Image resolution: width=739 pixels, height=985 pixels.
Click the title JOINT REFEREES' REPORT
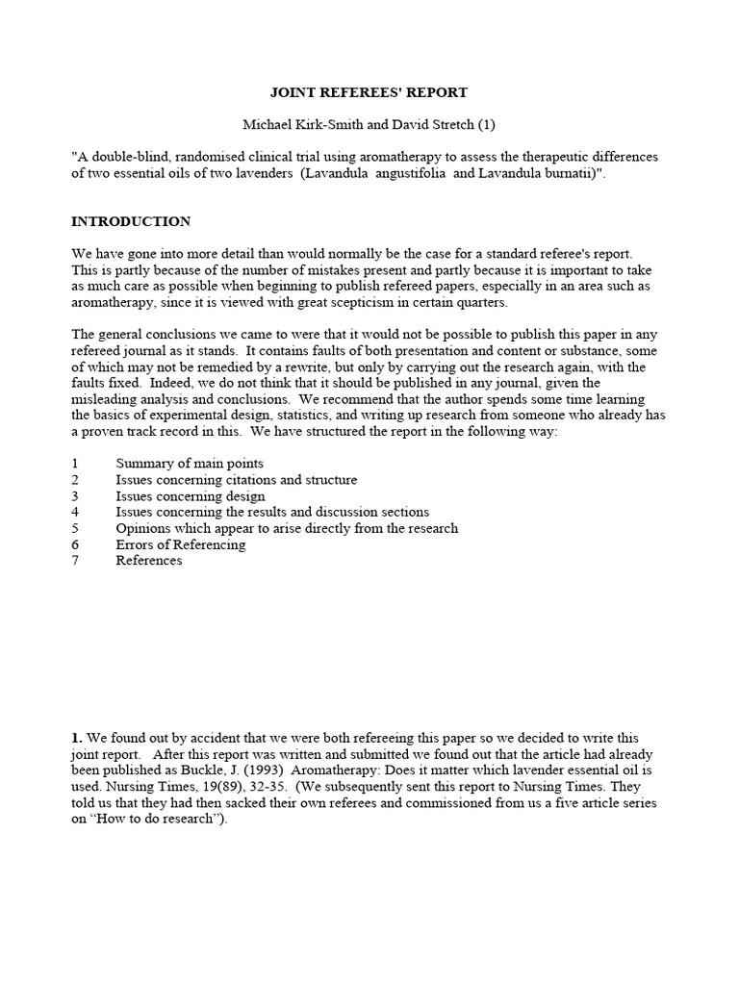click(368, 92)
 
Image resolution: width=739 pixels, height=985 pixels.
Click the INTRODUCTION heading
click(131, 221)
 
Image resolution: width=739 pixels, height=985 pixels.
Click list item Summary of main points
click(190, 464)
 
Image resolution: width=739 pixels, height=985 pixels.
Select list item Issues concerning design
click(191, 496)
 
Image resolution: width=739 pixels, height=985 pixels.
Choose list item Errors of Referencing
click(181, 544)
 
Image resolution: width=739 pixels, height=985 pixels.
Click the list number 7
click(75, 561)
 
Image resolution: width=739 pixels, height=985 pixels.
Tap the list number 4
click(75, 512)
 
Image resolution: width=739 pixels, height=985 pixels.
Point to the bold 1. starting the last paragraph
click(78, 738)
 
